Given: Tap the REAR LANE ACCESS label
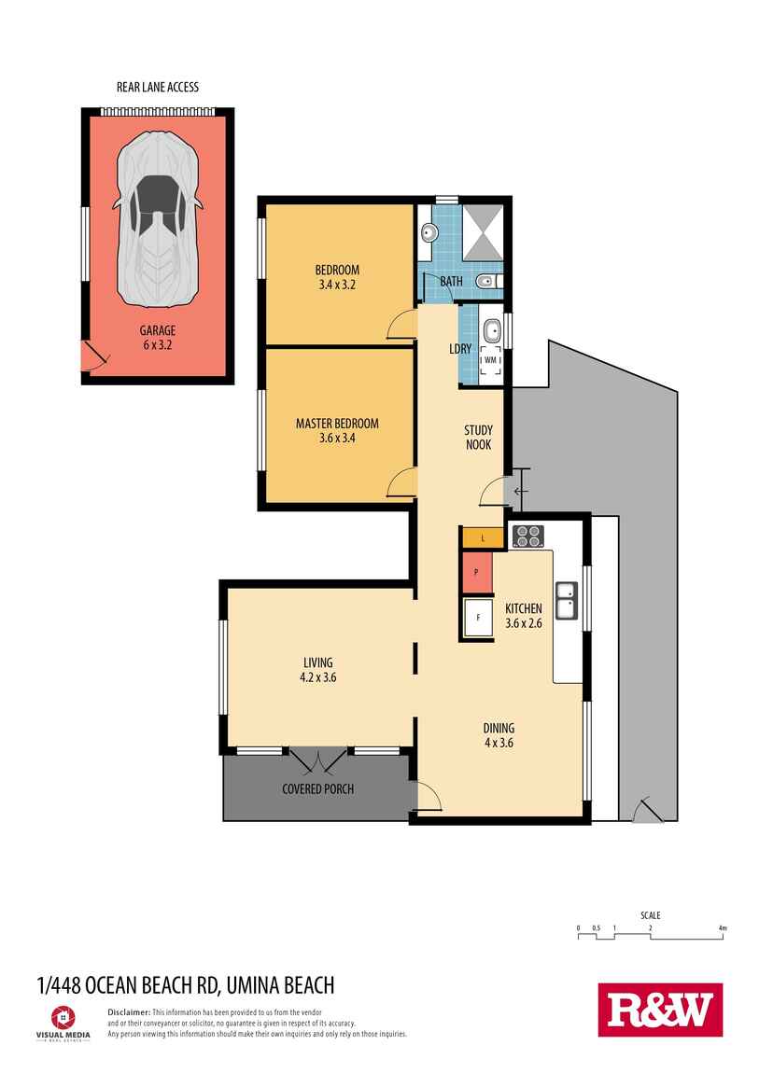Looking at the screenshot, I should point(157,87).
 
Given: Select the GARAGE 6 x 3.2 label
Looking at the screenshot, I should point(157,337).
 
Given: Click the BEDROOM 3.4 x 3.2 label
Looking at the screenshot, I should point(336,277).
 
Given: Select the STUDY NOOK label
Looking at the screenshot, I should point(478,438).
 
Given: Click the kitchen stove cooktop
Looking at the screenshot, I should point(527,536).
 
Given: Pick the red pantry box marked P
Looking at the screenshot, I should point(476,572).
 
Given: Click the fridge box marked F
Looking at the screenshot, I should point(477,617).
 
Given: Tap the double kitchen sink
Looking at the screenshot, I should point(566,600).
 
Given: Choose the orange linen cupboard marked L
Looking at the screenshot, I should point(482,538).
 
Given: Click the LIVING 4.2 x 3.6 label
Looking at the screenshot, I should point(311,670).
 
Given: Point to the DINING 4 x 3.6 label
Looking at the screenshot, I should point(499,735).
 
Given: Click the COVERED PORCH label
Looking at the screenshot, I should point(317,788).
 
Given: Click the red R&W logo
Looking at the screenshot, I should point(660,1010).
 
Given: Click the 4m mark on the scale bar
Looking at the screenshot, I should point(723,928).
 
